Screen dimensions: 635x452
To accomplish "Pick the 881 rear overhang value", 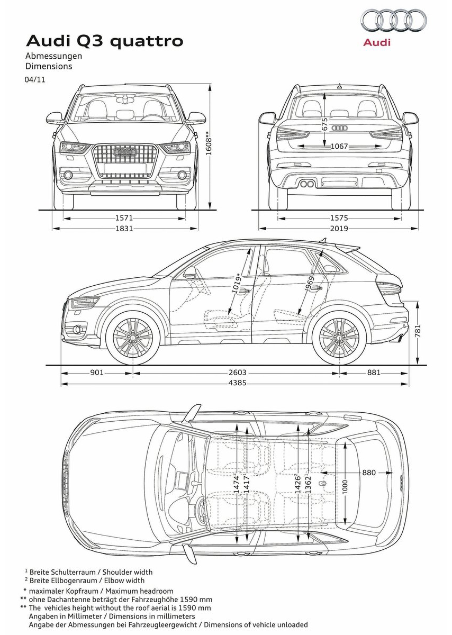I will coord(373,373).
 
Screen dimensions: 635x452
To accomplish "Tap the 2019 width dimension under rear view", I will coord(339,229).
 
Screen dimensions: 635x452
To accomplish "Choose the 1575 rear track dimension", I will coord(339,217).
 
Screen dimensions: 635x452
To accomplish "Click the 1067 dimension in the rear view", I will coord(339,146).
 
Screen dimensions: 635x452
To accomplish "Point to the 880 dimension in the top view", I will coord(369,472).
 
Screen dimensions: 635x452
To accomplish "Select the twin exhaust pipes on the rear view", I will coord(305,184).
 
